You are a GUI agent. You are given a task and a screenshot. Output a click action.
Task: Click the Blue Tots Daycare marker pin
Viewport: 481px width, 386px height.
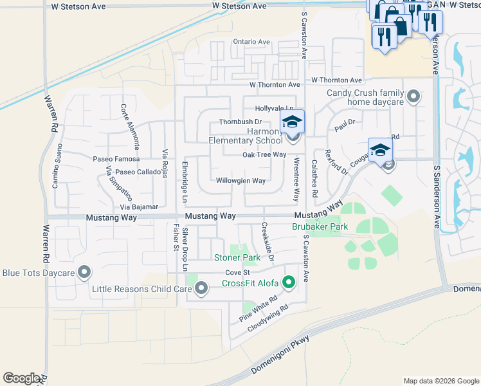(84, 272)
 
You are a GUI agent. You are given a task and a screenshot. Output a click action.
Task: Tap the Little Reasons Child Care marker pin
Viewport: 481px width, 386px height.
(201, 289)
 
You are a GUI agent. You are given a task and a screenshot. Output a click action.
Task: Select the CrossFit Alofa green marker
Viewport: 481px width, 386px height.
(289, 282)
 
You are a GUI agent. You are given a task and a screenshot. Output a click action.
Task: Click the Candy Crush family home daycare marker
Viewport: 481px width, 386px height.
(413, 98)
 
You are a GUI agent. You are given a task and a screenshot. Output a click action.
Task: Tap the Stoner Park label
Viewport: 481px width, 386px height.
(237, 258)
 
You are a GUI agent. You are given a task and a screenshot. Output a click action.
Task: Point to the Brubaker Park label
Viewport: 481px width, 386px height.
(320, 227)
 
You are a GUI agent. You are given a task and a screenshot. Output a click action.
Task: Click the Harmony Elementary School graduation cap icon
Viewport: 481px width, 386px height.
(292, 121)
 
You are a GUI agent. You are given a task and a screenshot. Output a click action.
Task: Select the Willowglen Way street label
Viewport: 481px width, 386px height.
(240, 181)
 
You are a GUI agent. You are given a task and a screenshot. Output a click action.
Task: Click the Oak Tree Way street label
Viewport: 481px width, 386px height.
(264, 154)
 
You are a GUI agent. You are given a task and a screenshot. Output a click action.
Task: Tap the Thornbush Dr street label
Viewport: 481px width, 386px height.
(240, 122)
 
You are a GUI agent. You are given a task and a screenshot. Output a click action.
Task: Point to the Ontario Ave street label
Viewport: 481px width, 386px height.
(251, 42)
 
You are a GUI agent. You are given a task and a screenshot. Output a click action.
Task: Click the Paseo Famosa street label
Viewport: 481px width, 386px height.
(116, 158)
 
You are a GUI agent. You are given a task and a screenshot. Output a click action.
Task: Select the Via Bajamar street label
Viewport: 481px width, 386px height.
(140, 208)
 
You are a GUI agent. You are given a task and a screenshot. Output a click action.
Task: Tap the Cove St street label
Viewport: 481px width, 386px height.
(232, 273)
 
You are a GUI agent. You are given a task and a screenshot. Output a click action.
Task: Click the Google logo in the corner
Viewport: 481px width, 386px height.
(21, 378)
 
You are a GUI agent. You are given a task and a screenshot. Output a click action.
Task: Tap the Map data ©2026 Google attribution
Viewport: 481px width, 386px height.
(440, 381)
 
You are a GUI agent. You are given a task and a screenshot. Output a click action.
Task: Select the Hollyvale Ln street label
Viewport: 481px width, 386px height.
(273, 109)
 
